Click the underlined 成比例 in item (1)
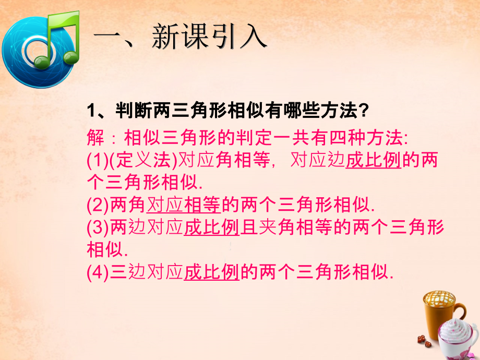[x=373, y=161]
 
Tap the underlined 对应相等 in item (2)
[x=184, y=206]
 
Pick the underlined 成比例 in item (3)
[x=211, y=228]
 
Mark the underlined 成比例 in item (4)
[x=211, y=273]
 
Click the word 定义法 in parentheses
[x=139, y=161]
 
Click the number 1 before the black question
[x=90, y=111]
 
